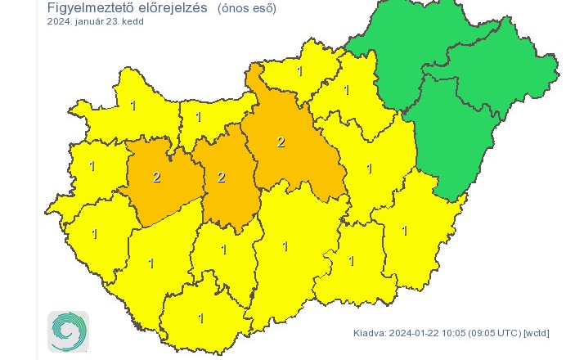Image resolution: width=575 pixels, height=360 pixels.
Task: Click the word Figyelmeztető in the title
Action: pos(88,9)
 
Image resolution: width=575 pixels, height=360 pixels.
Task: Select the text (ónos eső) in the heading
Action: pos(247,9)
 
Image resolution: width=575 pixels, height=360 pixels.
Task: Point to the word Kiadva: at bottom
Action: pos(371,333)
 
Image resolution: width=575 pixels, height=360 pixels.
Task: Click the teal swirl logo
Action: pos(68,331)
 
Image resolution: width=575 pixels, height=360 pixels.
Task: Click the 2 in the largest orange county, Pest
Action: pos(281,142)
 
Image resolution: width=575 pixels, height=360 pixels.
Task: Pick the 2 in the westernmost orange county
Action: pos(156,176)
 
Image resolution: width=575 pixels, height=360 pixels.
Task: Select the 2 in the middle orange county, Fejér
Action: pos(220,177)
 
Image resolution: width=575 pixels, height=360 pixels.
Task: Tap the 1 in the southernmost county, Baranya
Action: pos(200,318)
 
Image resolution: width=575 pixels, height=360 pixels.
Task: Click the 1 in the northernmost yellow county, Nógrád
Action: pos(299,71)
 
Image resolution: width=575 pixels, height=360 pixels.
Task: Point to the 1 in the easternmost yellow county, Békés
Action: pos(404,231)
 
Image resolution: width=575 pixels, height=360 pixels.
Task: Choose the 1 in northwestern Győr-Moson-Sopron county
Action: pos(133,106)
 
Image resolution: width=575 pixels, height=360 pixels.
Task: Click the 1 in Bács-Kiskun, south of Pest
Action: pos(285,245)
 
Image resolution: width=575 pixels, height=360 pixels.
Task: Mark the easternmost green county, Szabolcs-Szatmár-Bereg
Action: pos(499,70)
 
